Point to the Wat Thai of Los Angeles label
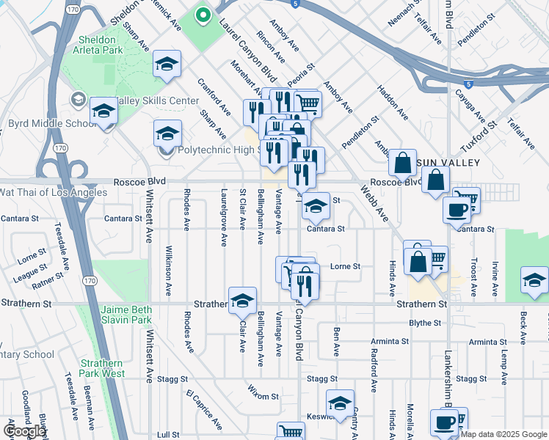pyautogui.click(x=53, y=193)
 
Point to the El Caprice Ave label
pyautogui.click(x=204, y=410)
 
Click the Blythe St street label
pyautogui.click(x=425, y=323)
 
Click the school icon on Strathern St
pyautogui.click(x=242, y=301)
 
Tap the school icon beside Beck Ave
pyautogui.click(x=534, y=281)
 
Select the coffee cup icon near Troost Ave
pyautogui.click(x=457, y=210)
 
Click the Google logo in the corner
pyautogui.click(x=23, y=431)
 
